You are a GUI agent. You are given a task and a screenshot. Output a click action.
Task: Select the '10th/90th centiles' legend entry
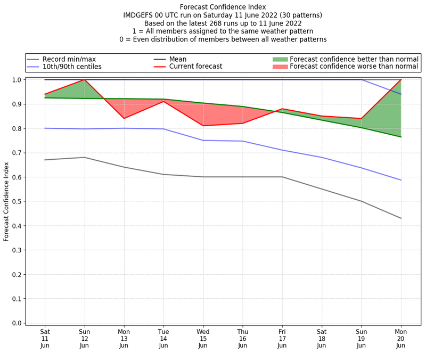[72, 67]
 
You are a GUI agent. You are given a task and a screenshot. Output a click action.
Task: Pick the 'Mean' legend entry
[177, 59]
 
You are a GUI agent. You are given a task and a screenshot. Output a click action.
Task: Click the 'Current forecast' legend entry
[195, 67]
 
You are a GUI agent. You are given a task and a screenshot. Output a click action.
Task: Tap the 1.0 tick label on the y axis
[17, 80]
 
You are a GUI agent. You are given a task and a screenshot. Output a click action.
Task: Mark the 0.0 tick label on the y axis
[17, 323]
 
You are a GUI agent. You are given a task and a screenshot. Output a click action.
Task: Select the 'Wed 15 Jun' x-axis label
[203, 338]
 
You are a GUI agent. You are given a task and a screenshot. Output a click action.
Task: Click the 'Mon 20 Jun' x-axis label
[400, 338]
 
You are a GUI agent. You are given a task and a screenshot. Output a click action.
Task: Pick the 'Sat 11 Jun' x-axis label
[45, 338]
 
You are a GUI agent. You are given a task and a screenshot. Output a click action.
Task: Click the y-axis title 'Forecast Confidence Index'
[6, 201]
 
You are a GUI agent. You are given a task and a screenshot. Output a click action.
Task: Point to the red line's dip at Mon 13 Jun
[124, 118]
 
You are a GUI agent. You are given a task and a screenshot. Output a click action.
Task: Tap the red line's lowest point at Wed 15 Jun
[203, 126]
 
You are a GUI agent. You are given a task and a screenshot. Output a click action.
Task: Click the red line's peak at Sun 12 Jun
[84, 80]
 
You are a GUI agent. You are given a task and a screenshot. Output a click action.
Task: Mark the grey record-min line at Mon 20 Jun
[400, 218]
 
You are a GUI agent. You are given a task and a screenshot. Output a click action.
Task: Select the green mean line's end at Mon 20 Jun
[400, 137]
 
